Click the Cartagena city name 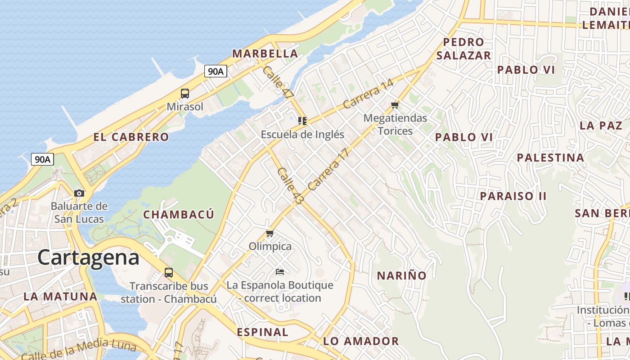click(x=88, y=258)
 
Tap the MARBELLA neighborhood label click(x=265, y=54)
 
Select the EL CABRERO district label click(x=131, y=137)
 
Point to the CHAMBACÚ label click(x=179, y=215)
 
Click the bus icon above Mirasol click(x=185, y=94)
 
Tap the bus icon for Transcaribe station click(x=169, y=272)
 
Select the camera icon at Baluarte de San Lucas click(x=79, y=193)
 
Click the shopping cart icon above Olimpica click(x=270, y=233)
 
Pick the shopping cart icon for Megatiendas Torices click(x=395, y=105)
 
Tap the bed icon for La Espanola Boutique click(x=279, y=271)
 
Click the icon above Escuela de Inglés click(x=302, y=121)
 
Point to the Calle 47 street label click(x=278, y=82)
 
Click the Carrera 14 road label click(x=368, y=94)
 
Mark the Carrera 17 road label click(x=329, y=169)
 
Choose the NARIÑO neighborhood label click(x=401, y=275)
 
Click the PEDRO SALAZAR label click(x=463, y=49)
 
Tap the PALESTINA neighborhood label click(x=550, y=157)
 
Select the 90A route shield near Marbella click(x=216, y=71)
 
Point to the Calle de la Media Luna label click(x=78, y=350)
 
